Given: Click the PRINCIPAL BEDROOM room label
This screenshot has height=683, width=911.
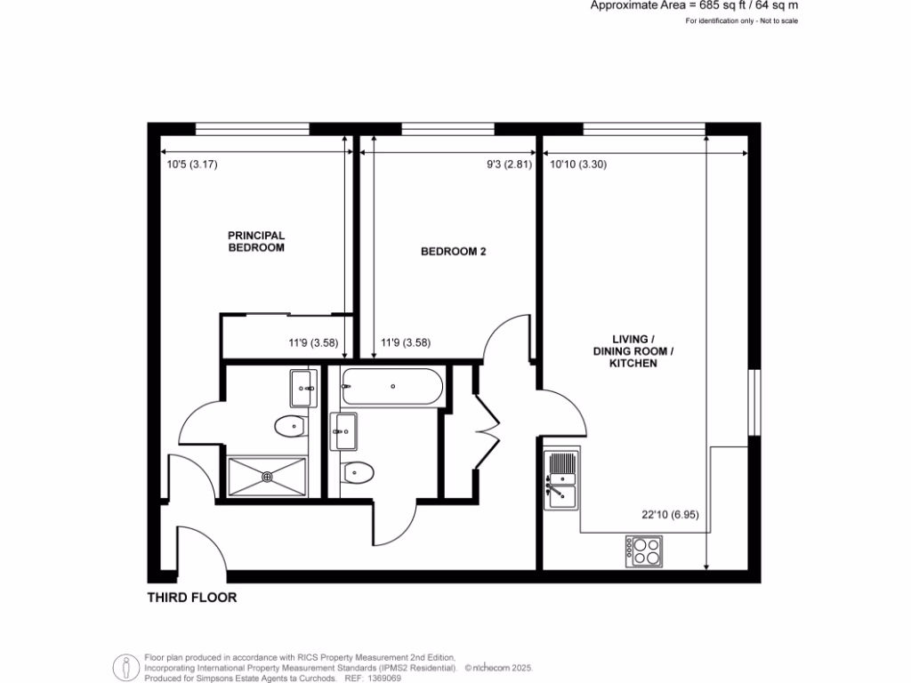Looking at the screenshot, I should [256, 242].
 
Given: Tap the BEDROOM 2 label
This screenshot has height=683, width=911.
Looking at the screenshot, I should [453, 252].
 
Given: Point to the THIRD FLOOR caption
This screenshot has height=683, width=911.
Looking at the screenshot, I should [192, 599].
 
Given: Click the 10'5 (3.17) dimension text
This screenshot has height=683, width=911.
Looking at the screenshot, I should [192, 165].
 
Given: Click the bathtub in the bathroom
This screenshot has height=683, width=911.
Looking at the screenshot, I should [391, 387].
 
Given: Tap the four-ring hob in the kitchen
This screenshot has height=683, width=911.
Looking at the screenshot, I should [644, 551].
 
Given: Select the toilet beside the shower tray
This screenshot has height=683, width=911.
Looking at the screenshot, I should [290, 428].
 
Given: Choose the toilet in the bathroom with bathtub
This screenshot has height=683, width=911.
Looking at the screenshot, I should [359, 472].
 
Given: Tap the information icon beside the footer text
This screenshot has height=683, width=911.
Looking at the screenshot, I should [125, 667].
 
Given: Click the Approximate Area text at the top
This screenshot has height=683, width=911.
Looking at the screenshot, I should [694, 5].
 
